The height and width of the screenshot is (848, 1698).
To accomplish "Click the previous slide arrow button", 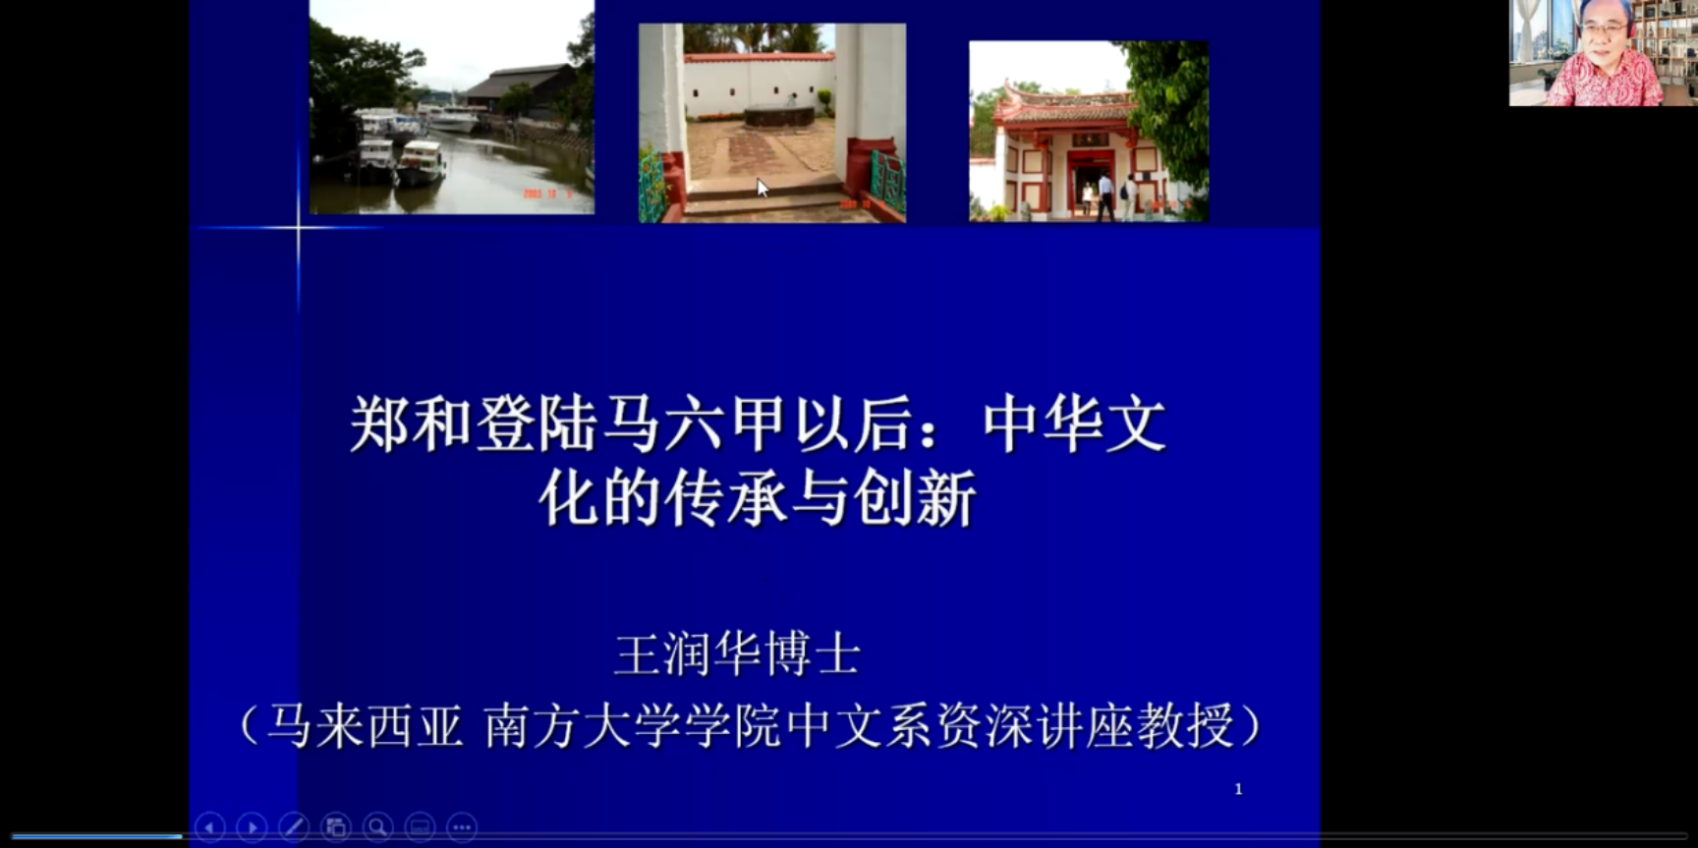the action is click(x=209, y=827).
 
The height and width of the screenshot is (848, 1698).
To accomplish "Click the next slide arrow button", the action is click(x=252, y=827).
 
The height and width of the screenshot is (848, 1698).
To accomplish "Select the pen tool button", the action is click(x=294, y=827).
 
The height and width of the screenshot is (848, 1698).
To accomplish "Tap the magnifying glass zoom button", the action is click(x=378, y=827).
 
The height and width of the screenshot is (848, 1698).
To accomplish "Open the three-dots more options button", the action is click(x=462, y=827).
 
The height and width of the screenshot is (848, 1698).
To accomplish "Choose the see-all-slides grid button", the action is click(x=336, y=827).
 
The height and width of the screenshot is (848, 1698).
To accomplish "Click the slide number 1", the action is click(x=1238, y=789).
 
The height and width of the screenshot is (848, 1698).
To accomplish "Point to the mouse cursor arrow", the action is click(x=763, y=188).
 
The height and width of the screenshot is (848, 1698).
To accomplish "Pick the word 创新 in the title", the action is click(x=915, y=498).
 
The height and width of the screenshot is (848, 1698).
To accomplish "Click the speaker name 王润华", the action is click(x=688, y=654).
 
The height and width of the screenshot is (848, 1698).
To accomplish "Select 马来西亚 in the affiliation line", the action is click(x=365, y=726).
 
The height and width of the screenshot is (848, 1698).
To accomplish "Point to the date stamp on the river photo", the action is click(x=546, y=194).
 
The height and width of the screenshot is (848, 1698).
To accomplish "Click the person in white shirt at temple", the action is click(x=1105, y=198).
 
